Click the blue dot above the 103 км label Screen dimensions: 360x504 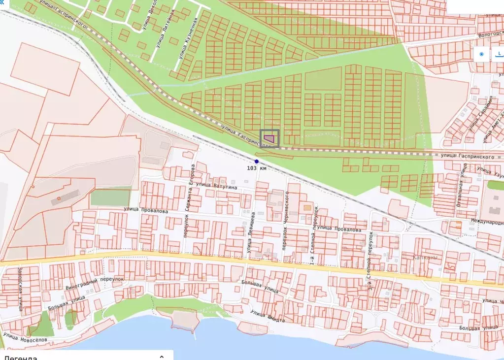coord(257,162)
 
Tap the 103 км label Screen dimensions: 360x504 coord(257,168)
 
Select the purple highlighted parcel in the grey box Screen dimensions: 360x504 coord(269,138)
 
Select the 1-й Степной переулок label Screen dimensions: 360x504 coord(314,236)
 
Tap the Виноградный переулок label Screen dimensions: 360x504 coord(94,282)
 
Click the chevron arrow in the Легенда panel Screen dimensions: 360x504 coord(161,356)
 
